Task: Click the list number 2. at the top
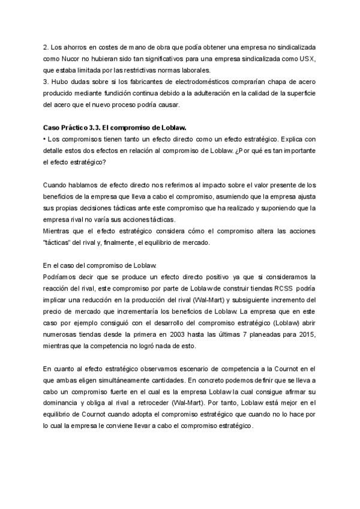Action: pyautogui.click(x=47, y=46)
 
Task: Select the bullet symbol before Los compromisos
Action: pyautogui.click(x=45, y=139)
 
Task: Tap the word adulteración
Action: pyautogui.click(x=226, y=93)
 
